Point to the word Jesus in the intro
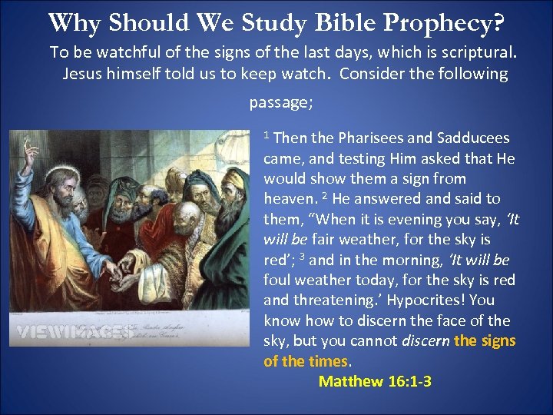click(x=81, y=74)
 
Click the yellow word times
click(x=328, y=361)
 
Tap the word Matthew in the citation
click(x=350, y=381)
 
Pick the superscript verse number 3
click(x=305, y=256)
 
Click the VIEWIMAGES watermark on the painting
click(x=73, y=332)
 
